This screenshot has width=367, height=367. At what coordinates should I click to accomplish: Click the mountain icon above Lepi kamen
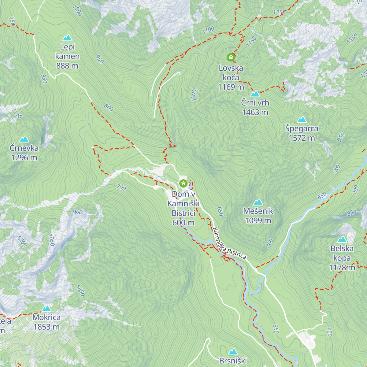(x=67, y=38)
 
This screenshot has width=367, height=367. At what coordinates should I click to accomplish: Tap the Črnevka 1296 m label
(x=24, y=153)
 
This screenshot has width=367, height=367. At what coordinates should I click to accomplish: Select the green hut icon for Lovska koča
(x=231, y=57)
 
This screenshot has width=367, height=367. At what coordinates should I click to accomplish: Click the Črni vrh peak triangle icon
(x=255, y=94)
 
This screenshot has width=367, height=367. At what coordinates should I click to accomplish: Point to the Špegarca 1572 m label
(x=302, y=133)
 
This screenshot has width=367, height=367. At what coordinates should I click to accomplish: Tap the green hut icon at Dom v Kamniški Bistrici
(x=183, y=183)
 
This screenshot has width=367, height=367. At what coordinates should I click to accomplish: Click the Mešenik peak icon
(x=258, y=202)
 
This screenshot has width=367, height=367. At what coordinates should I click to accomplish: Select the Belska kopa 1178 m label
(x=342, y=258)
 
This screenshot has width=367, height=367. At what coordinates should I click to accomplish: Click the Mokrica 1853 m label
(x=46, y=322)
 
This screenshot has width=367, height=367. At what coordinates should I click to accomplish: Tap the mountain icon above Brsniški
(x=233, y=352)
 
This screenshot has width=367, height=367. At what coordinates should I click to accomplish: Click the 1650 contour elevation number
(x=80, y=291)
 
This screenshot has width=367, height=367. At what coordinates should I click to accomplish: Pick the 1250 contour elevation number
(x=279, y=13)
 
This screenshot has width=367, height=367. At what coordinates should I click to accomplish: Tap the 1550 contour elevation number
(x=352, y=39)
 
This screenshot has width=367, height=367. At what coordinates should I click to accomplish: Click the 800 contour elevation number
(x=109, y=107)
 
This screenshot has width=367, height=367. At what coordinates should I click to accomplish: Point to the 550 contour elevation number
(x=276, y=329)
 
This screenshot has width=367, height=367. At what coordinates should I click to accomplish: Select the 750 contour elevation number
(x=336, y=169)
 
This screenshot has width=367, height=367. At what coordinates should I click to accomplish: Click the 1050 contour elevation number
(x=51, y=240)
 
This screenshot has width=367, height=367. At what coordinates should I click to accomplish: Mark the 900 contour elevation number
(x=78, y=212)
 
